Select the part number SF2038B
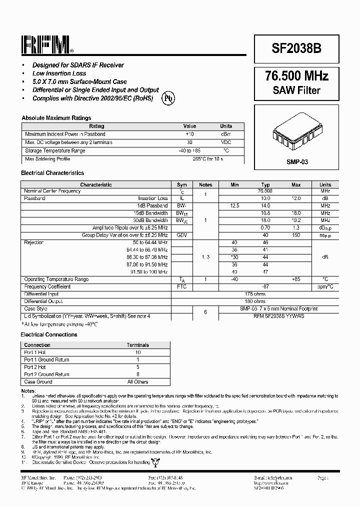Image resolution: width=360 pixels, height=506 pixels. click(296, 48)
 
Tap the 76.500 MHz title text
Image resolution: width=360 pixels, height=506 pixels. click(296, 76)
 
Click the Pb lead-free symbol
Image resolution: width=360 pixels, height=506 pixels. click(168, 98)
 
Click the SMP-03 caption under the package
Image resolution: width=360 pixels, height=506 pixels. click(297, 162)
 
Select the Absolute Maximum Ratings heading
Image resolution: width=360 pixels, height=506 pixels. click(56, 118)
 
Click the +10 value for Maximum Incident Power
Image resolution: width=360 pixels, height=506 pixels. click(189, 134)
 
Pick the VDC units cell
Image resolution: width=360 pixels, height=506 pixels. click(226, 142)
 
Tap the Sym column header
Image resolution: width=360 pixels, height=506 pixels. click(182, 184)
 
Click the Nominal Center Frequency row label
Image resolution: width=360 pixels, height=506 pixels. click(52, 191)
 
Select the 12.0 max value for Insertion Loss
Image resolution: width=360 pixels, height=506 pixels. click(296, 198)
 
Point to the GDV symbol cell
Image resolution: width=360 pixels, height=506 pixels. click(182, 235)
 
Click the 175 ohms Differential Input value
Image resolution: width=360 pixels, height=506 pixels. click(255, 294)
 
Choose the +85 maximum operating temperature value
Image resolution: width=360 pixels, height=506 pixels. click(296, 279)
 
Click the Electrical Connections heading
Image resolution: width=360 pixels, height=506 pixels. click(49, 334)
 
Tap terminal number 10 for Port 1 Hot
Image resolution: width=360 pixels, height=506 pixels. click(137, 352)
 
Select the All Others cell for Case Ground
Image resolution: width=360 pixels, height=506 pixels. click(137, 382)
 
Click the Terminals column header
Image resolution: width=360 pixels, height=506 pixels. click(137, 345)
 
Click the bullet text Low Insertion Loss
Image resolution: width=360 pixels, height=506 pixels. click(59, 73)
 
